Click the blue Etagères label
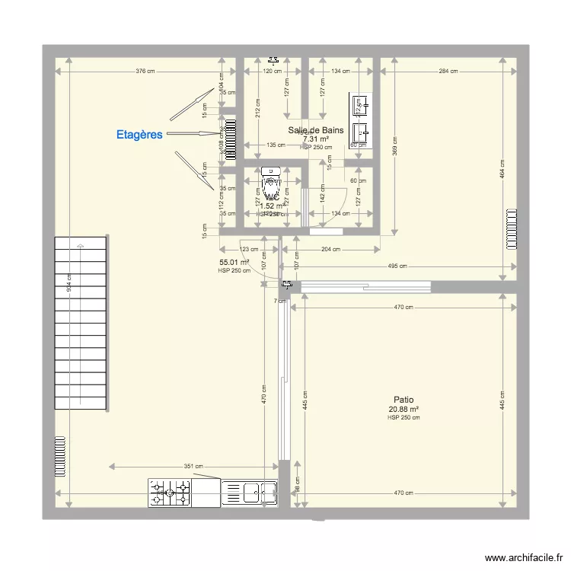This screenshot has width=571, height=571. click(139, 135)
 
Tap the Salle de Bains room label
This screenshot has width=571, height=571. click(315, 130)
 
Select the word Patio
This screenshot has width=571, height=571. click(404, 400)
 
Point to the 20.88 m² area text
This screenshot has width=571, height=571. click(404, 409)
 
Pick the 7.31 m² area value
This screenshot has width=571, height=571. click(315, 139)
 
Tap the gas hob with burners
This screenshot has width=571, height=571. click(169, 493)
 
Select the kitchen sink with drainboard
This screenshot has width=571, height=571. click(249, 493)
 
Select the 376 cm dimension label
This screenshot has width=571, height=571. click(145, 72)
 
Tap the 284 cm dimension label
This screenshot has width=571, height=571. click(448, 72)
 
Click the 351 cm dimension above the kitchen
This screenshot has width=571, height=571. click(193, 467)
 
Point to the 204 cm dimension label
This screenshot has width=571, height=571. click(330, 249)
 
